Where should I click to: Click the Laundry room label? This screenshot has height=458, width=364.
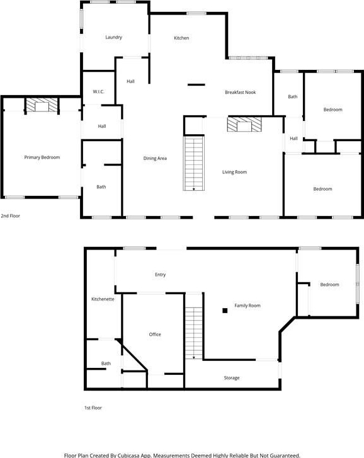[x=113, y=37]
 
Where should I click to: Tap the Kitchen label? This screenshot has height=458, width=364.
[x=181, y=38]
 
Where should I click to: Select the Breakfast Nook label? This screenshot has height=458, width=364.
[x=240, y=93]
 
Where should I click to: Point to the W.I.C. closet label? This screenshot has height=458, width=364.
[x=98, y=92]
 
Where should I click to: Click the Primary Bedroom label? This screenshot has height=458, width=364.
[x=42, y=157]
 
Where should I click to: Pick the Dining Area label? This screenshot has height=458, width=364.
[x=155, y=158]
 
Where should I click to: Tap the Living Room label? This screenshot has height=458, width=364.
[x=234, y=172]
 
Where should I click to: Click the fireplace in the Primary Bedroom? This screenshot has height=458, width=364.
[x=42, y=105]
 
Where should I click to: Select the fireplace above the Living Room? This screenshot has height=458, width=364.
[x=244, y=125]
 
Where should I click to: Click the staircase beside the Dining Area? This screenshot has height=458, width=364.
[x=194, y=163]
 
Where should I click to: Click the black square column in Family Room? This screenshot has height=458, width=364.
[x=225, y=311]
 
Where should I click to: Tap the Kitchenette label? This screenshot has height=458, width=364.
[x=103, y=299]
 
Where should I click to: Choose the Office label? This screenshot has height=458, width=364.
[x=155, y=335]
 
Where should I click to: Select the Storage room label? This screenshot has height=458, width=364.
[x=232, y=378]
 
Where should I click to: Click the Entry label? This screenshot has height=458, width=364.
[x=160, y=275]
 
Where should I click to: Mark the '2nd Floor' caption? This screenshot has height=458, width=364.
[x=11, y=216]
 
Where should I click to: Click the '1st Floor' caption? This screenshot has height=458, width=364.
[x=93, y=408]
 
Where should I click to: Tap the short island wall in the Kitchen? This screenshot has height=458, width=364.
[x=196, y=84]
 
